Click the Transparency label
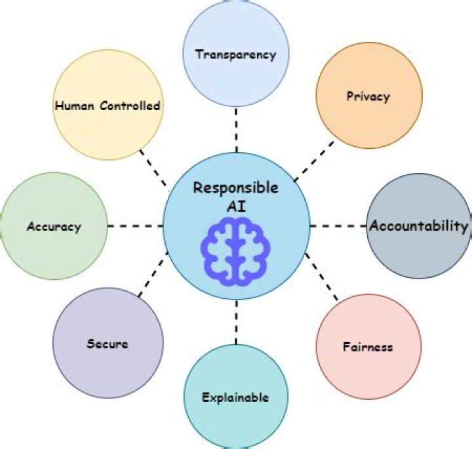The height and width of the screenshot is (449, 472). (235, 54)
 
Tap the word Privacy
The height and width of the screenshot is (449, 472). (367, 96)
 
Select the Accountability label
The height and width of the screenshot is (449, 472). (419, 226)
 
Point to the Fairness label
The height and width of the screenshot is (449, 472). (368, 345)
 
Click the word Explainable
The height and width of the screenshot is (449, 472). (235, 397)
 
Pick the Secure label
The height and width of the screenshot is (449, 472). (107, 343)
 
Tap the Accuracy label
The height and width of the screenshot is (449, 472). (54, 227)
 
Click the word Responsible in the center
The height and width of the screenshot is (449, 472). (235, 188)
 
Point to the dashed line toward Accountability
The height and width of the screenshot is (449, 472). (338, 225)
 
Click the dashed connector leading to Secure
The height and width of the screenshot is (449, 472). (153, 275)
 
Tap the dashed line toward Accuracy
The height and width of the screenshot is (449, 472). (134, 225)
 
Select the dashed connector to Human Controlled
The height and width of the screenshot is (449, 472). (154, 167)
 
